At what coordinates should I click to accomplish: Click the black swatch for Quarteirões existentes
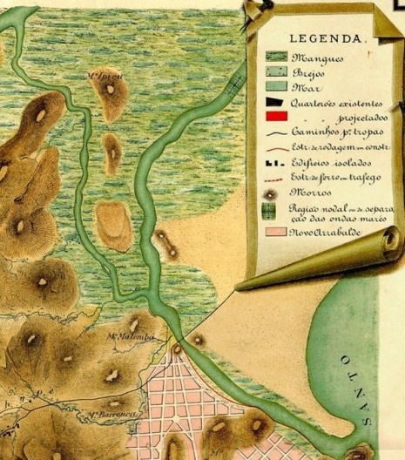(275, 103)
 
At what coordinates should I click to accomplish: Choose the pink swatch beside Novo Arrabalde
(275, 234)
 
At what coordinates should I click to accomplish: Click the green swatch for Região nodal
(275, 212)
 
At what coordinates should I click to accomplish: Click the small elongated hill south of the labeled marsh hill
(112, 153)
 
